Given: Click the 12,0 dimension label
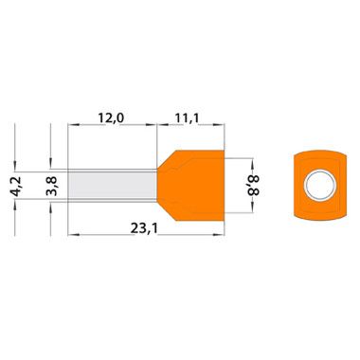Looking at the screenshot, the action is (x=111, y=118).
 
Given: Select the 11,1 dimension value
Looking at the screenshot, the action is (x=188, y=118).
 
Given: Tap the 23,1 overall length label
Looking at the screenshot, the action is (x=144, y=229).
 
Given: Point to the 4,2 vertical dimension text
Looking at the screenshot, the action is (x=16, y=187).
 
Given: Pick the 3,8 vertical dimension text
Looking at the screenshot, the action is (x=51, y=187).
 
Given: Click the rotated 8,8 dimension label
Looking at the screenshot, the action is (x=253, y=186).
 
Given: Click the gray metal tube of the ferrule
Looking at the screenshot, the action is (x=113, y=185).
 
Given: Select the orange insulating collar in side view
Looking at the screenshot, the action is (x=190, y=186).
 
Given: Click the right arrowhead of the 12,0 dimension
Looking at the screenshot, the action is (x=152, y=125).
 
